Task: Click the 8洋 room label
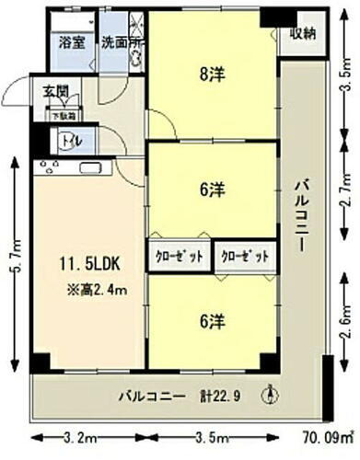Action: pyautogui.click(x=212, y=79)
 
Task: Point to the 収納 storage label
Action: pyautogui.click(x=304, y=35)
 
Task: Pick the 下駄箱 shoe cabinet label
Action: pyautogui.click(x=64, y=116)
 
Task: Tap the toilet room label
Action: pyautogui.click(x=69, y=141)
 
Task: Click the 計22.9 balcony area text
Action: pyautogui.click(x=221, y=397)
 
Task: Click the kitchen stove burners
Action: pyautogui.click(x=50, y=167)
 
